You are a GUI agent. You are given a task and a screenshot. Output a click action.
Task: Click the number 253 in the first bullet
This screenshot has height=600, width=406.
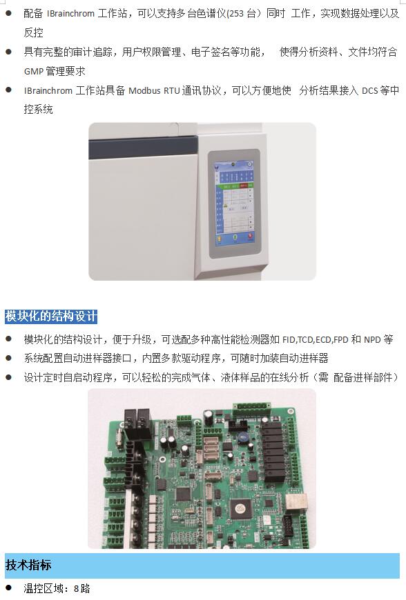[236, 14]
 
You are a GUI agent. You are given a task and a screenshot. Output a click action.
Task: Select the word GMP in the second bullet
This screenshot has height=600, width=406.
[33, 72]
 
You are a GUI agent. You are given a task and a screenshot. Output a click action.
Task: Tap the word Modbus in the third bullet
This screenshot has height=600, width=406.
[144, 90]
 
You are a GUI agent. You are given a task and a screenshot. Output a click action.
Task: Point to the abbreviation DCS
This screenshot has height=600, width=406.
[369, 90]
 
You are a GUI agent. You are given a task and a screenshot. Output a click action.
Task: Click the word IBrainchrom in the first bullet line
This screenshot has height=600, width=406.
[70, 14]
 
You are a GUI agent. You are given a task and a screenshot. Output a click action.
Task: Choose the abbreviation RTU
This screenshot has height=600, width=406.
[172, 90]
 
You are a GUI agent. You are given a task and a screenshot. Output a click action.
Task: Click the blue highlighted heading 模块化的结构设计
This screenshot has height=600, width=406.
[51, 317]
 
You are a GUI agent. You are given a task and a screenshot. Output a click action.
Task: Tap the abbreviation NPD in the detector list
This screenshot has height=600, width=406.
[372, 340]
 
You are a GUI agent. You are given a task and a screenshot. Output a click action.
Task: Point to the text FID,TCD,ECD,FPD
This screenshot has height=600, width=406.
[316, 340]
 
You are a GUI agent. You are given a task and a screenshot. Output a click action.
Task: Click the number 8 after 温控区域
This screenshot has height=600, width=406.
[76, 588]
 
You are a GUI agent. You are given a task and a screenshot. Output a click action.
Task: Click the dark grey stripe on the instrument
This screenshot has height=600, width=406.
[143, 148]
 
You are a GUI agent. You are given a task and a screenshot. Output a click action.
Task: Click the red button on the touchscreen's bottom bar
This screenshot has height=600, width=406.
[250, 237]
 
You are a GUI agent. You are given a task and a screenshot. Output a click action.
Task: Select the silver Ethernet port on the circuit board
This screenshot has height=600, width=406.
[296, 501]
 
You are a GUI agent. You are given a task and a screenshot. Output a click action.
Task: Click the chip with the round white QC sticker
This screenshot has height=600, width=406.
[240, 508]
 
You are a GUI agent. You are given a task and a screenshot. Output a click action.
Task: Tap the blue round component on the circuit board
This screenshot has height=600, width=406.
[243, 437]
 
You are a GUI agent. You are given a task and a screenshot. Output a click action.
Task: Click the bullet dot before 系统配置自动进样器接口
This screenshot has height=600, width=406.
[9, 358]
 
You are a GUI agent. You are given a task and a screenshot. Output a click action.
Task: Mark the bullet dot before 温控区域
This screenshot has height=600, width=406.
[9, 588]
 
